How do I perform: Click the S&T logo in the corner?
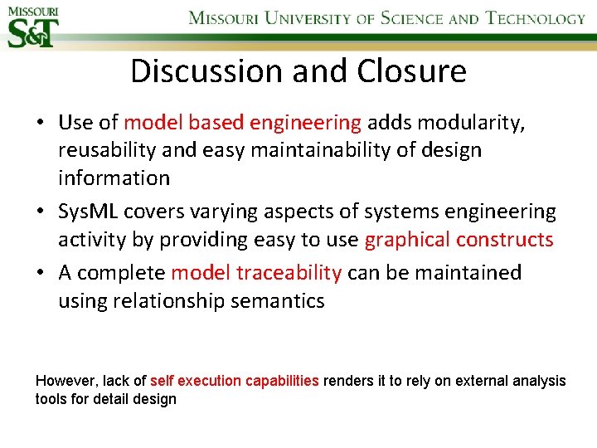[32, 27]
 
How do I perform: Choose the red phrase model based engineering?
[243, 124]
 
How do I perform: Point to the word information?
[114, 178]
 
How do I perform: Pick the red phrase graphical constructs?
[459, 240]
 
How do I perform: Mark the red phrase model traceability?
[256, 273]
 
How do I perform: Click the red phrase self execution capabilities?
[235, 381]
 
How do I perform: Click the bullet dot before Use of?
[40, 124]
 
